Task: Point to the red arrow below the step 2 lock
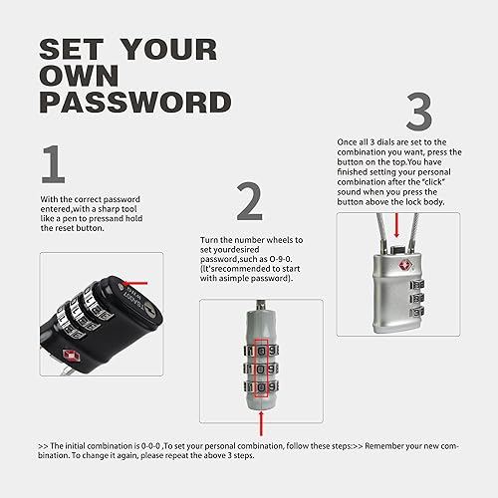click(262, 417)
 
